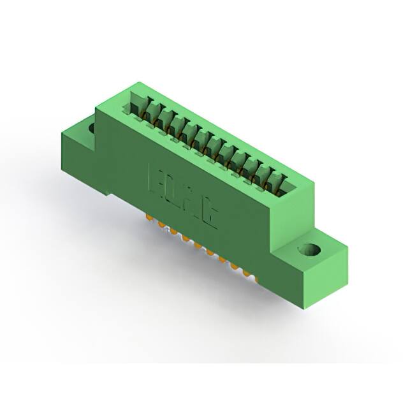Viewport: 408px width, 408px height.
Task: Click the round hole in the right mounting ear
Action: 312,249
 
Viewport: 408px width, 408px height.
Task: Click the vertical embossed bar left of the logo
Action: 150,176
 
